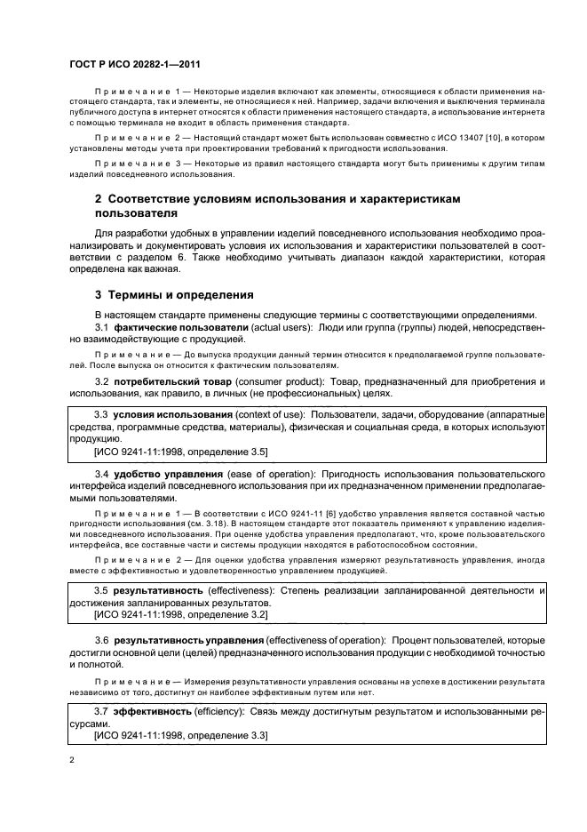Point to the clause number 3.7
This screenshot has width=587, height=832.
[102, 712]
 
